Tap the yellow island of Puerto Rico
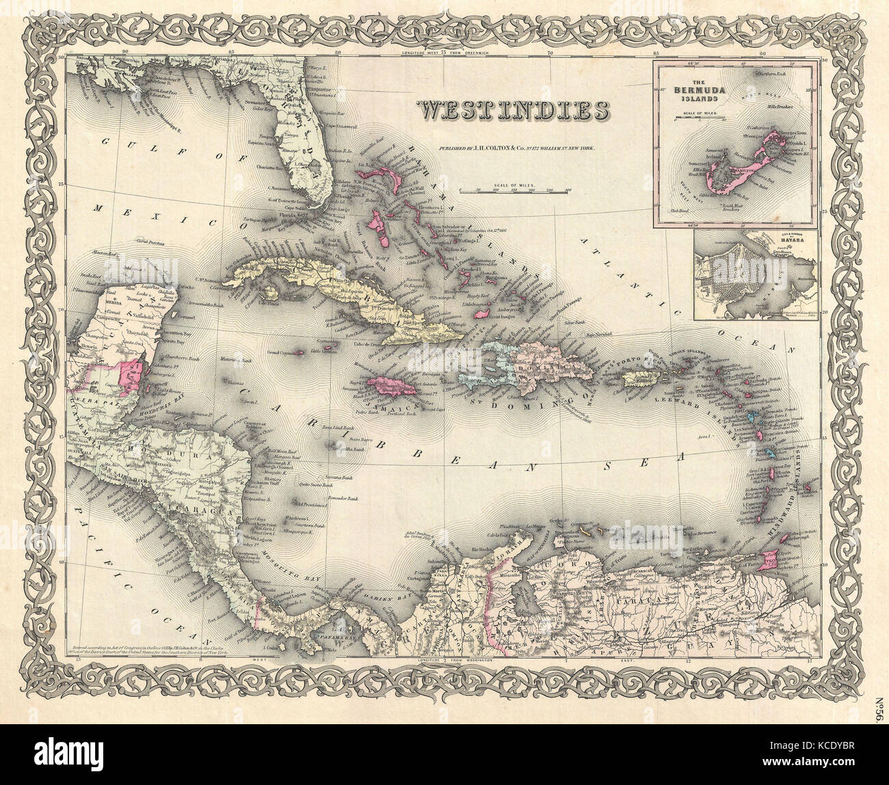[x=646, y=378]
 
